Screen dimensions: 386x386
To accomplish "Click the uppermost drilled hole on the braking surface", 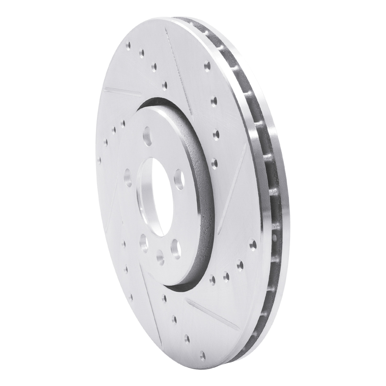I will coord(128,46).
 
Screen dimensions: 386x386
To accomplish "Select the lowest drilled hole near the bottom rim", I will coord(203,356).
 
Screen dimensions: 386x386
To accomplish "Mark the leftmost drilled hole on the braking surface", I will coord(100,160).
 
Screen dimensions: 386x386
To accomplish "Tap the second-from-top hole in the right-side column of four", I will coord(214,101).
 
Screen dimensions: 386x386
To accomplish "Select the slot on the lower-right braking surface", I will coord(212,314).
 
